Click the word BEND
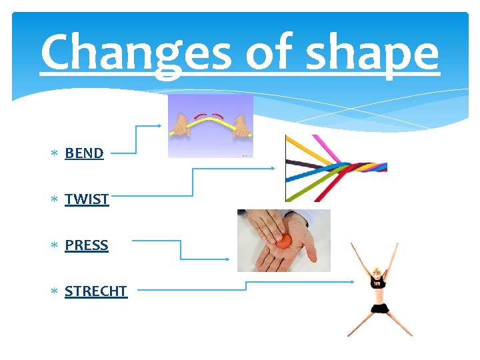tap(84, 153)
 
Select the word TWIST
tap(87, 199)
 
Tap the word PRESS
tap(86, 245)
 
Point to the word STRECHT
tap(95, 291)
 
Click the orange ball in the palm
tap(285, 241)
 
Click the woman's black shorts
tap(380, 308)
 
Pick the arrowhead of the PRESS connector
tap(229, 259)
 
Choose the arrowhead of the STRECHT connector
tap(351, 282)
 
